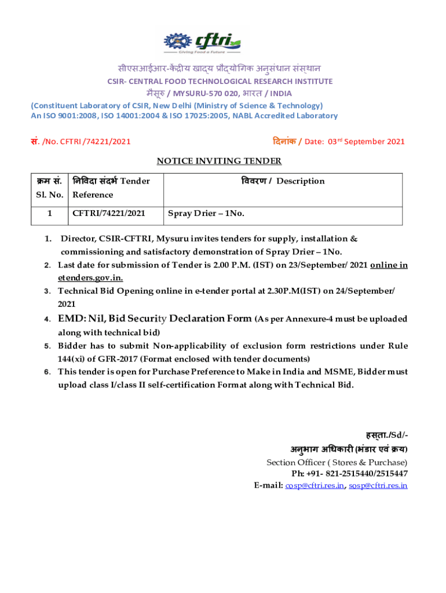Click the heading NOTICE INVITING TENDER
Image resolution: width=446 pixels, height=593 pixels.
(220, 161)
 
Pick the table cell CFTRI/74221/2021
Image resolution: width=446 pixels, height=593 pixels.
(108, 214)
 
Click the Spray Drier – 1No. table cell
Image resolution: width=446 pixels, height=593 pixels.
(206, 214)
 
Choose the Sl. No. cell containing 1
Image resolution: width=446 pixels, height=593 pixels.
(49, 214)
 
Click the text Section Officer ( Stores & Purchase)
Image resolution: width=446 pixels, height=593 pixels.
(337, 462)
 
